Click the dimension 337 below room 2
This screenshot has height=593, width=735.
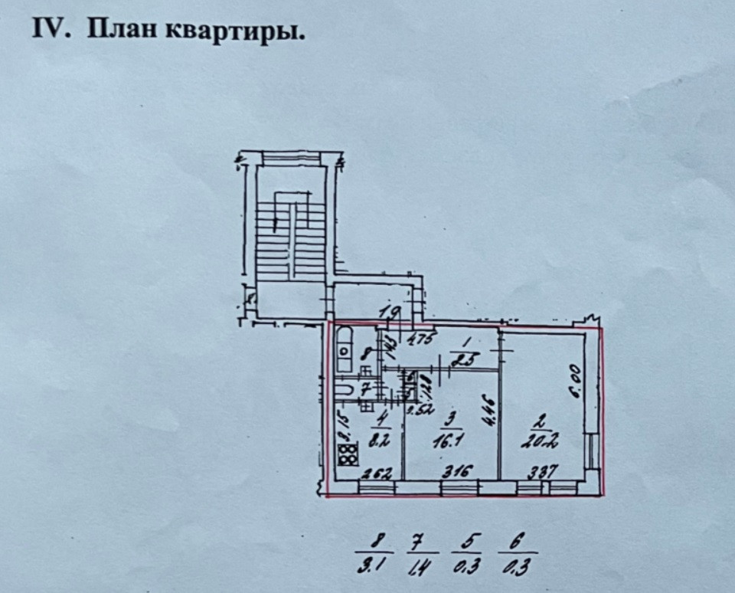pos(541,470)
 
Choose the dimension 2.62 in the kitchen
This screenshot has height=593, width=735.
pos(378,473)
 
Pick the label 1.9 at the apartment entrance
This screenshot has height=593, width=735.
pos(390,313)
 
